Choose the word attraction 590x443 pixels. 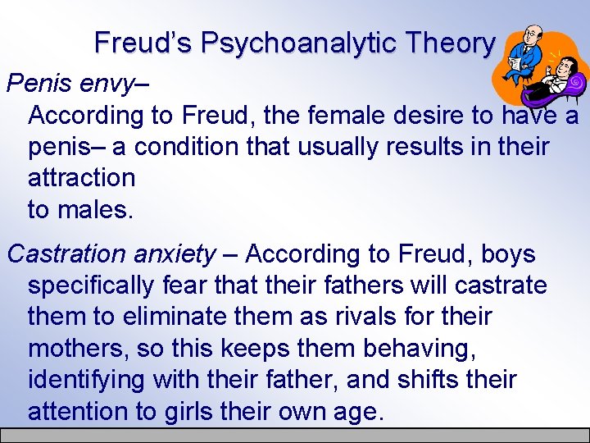tap(81, 177)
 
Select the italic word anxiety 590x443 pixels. tap(175, 254)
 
